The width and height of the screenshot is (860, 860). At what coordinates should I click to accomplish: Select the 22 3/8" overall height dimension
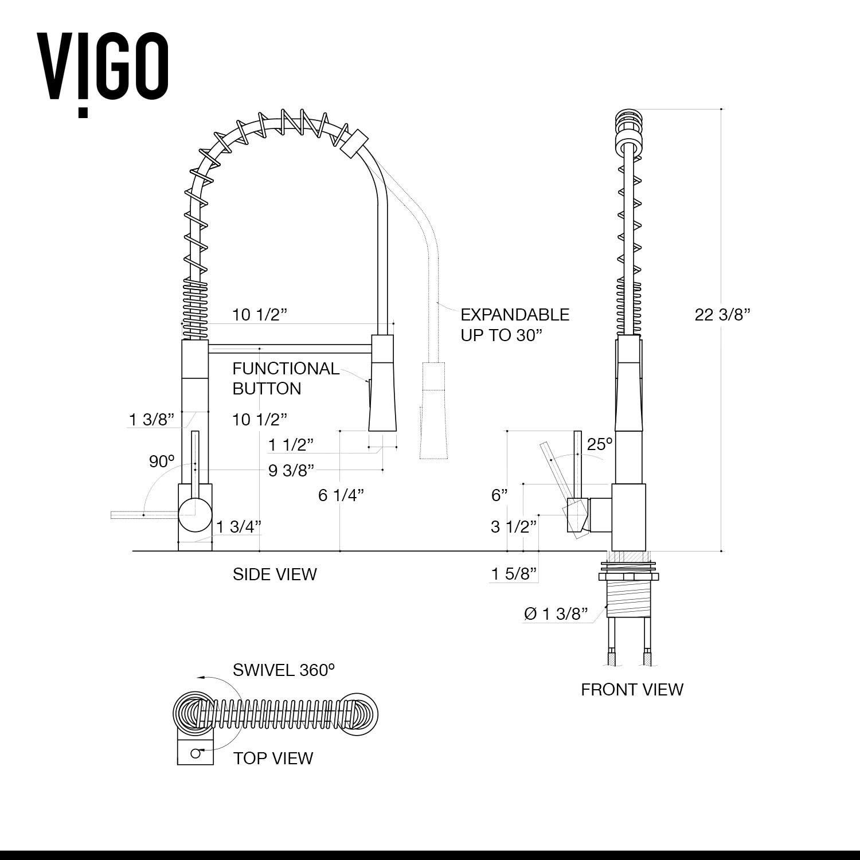(722, 315)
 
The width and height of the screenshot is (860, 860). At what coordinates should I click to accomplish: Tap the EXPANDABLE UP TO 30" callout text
(515, 325)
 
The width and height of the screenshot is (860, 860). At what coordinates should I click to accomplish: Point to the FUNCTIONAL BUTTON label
(285, 378)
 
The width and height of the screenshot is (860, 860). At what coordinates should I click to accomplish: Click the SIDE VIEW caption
(275, 574)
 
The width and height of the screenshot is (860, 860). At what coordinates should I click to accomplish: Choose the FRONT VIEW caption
(632, 689)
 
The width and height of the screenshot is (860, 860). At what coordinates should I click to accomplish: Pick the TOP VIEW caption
(273, 758)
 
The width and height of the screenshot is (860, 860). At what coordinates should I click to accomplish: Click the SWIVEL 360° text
(283, 670)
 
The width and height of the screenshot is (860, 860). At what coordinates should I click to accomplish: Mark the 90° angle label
(162, 461)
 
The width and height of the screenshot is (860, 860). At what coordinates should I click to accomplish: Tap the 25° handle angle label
(600, 444)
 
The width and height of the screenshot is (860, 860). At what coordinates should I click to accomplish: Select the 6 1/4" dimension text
(341, 495)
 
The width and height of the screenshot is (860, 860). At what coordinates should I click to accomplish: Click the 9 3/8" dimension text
(291, 471)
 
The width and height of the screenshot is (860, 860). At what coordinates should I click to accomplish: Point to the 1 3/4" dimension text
(239, 526)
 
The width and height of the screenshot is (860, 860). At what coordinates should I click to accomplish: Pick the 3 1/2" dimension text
(514, 526)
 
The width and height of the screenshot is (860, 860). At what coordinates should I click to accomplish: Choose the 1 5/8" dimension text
(514, 573)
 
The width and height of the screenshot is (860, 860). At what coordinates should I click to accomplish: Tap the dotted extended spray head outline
(433, 410)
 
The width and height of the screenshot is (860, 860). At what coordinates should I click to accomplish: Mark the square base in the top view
(195, 752)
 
